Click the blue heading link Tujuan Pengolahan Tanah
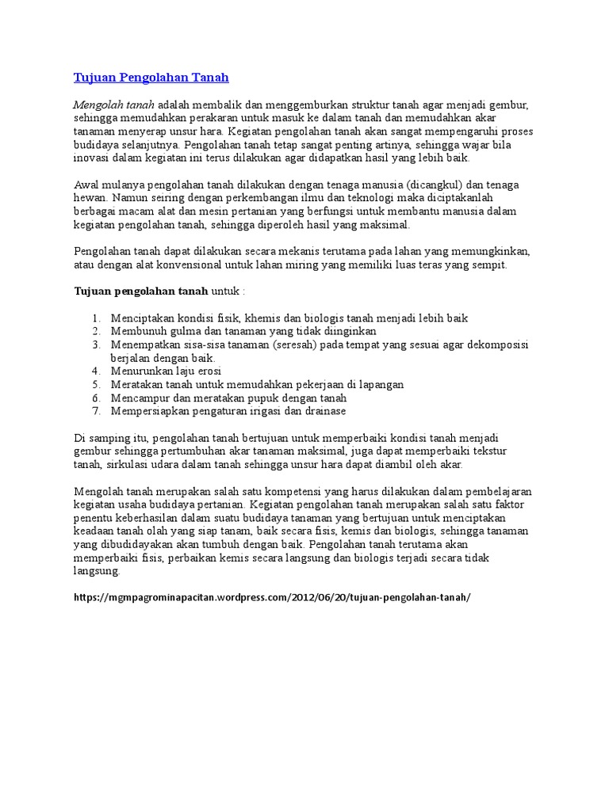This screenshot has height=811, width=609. click(x=151, y=78)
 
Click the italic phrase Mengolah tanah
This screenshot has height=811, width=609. click(x=113, y=105)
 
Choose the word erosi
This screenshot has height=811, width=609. click(x=206, y=371)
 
